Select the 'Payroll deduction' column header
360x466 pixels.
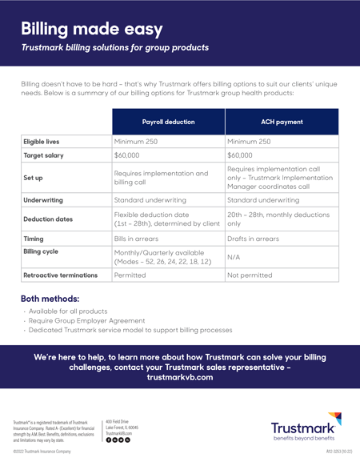tap(168, 122)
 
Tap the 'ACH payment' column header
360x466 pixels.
tap(282, 122)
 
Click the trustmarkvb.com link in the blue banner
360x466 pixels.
tap(180, 376)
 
